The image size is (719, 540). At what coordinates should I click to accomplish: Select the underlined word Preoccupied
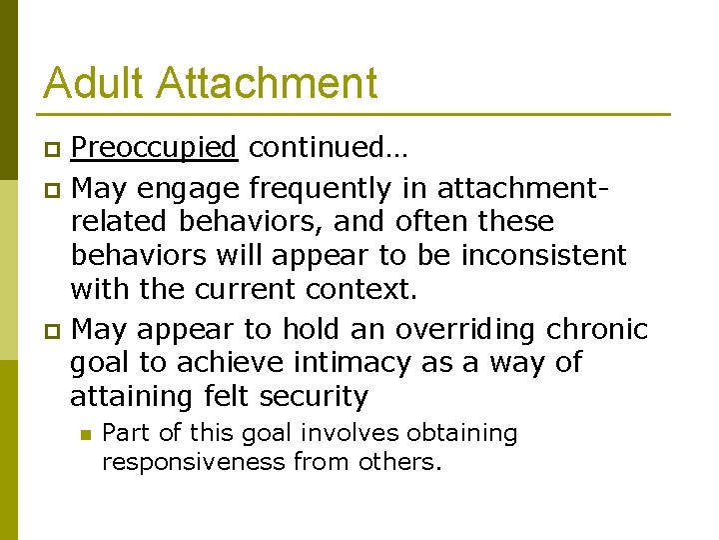(154, 149)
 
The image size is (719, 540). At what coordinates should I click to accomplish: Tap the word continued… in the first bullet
(328, 149)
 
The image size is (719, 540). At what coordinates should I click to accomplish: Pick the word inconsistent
(543, 255)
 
